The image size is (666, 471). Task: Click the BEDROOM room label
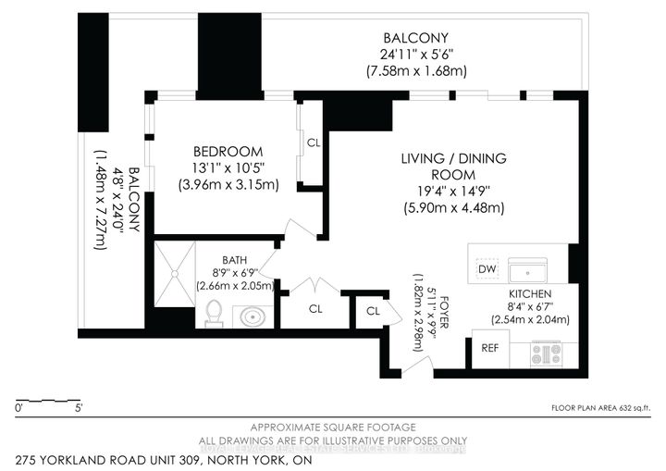coord(228,152)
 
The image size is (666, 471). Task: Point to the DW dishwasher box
coord(487,269)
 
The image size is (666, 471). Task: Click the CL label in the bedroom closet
coord(313,143)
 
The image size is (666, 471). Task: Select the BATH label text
coord(233,260)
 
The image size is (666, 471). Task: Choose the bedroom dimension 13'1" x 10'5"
coord(228,167)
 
